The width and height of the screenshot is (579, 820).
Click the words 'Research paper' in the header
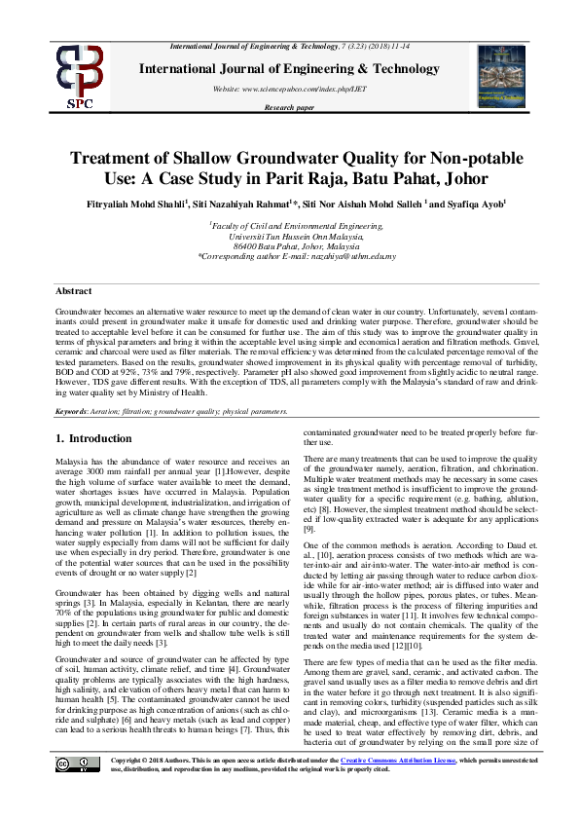[x=289, y=107]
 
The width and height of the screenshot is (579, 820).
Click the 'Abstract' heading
[x=74, y=291]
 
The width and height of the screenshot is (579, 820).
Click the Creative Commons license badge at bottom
[x=76, y=792]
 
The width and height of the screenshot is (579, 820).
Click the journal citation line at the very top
[x=289, y=47]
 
